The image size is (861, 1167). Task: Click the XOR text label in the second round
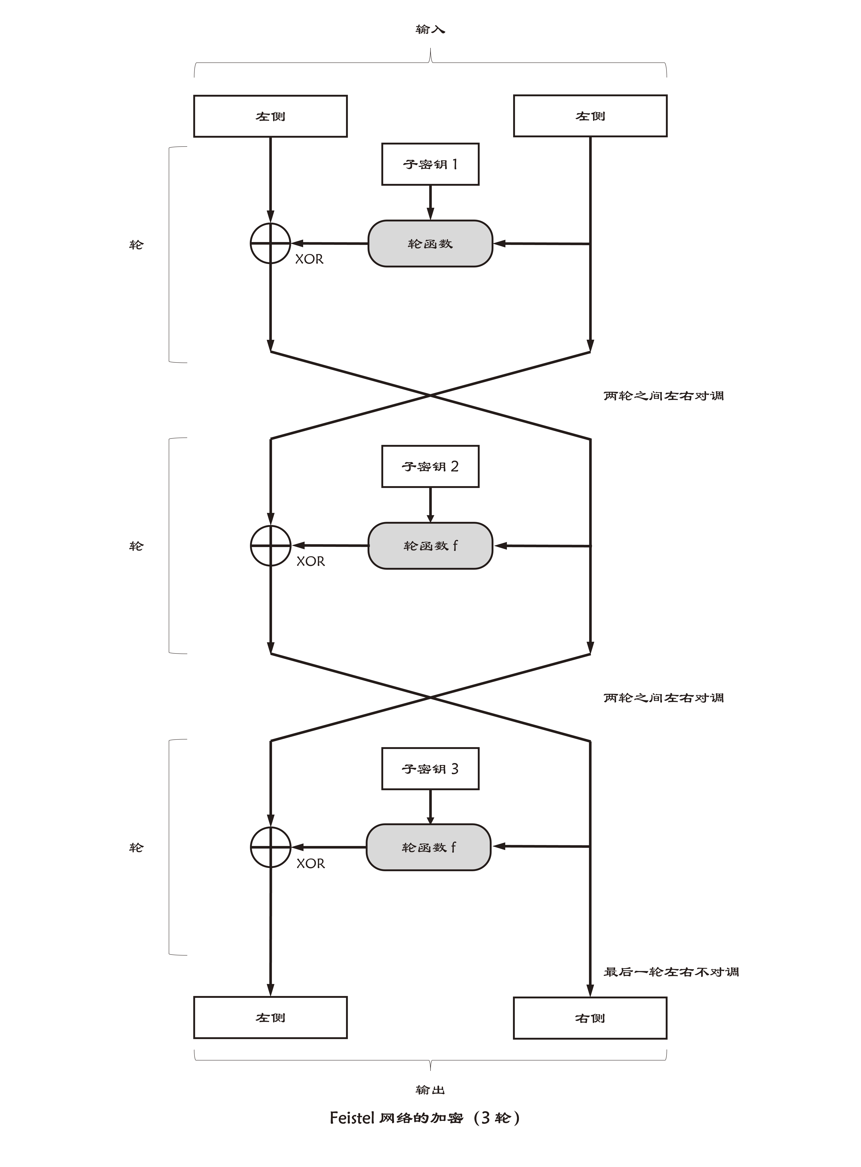pyautogui.click(x=311, y=561)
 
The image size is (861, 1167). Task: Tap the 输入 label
pyautogui.click(x=430, y=29)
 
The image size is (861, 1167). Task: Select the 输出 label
pyautogui.click(x=430, y=1090)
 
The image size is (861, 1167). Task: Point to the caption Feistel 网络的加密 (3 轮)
pyautogui.click(x=425, y=1117)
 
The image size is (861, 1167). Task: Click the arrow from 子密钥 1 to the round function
pyautogui.click(x=430, y=203)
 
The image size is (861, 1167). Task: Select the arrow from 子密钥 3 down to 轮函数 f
pyautogui.click(x=430, y=807)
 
